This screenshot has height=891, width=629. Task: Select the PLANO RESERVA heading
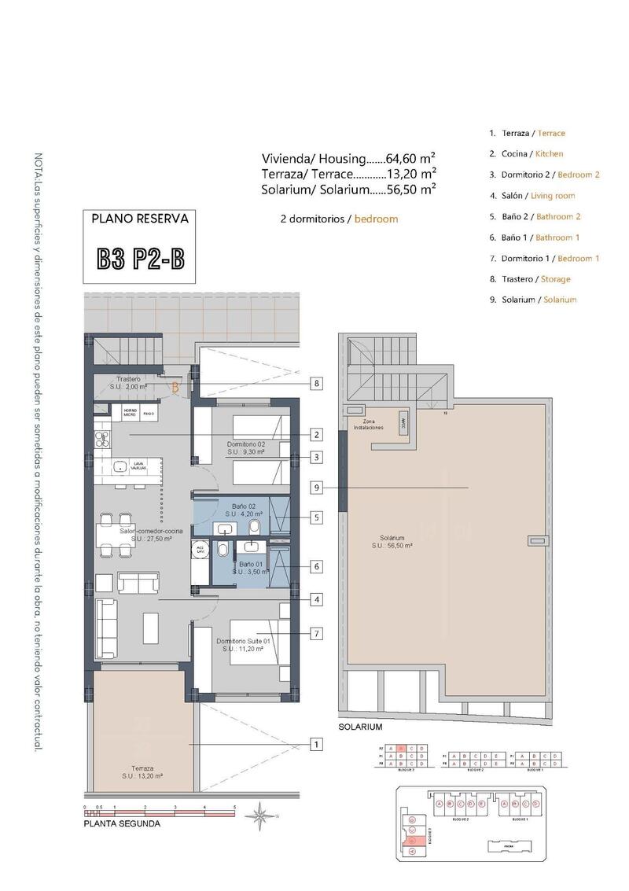[141, 220]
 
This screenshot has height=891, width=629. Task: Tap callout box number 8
[315, 384]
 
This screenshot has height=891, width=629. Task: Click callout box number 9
[315, 488]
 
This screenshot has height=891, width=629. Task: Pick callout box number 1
[315, 744]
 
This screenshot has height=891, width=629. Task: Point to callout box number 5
[315, 518]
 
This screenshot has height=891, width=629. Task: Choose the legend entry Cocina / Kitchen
[526, 154]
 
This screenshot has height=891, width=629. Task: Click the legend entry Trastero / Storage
[529, 279]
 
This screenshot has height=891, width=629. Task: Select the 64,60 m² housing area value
[410, 157]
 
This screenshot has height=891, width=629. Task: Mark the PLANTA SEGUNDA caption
[122, 824]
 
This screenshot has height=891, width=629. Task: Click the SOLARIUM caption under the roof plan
[360, 727]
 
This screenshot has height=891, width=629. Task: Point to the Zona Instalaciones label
[368, 425]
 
